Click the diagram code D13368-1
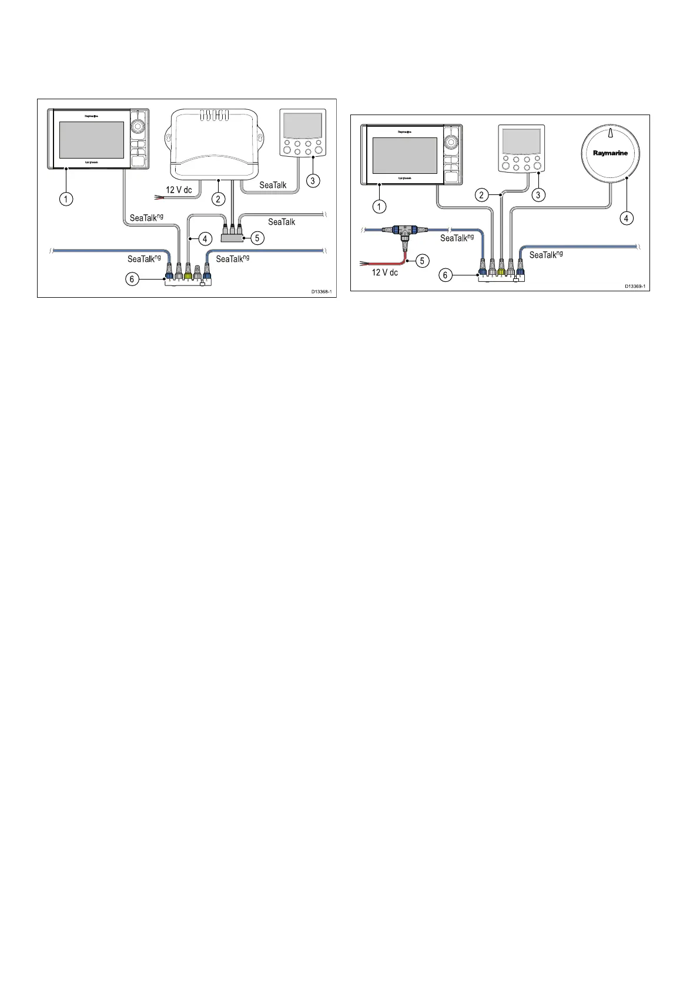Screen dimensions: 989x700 pos(322,291)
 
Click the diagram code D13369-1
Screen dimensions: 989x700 pos(635,286)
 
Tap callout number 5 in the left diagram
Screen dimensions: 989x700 pos(257,238)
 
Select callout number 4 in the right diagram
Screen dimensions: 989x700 pos(626,218)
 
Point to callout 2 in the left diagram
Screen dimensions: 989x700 pos(219,199)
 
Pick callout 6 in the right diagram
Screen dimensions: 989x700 pos(446,274)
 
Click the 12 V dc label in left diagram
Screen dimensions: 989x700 pos(179,190)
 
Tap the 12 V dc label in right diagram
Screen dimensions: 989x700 pos(385,272)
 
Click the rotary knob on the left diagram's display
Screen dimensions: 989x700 pos(138,126)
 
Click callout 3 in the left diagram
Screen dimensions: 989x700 pos(313,180)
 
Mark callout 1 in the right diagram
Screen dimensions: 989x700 pos(380,206)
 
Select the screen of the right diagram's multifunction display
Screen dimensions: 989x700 pos(404,156)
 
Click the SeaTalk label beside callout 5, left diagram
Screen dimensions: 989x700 pos(282,222)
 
